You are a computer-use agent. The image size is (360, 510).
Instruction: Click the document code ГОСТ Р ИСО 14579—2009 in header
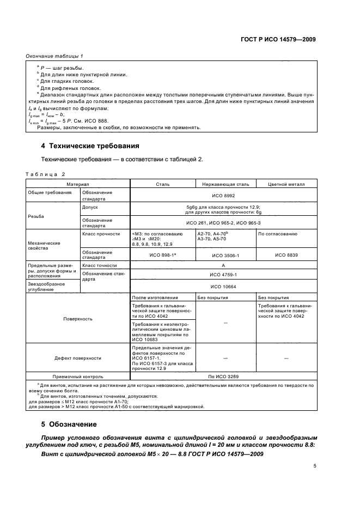(278, 40)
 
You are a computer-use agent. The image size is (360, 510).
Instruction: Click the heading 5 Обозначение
(69, 423)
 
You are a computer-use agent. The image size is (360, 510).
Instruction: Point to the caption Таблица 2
(45, 174)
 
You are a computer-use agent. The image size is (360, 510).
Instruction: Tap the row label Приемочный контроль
(78, 376)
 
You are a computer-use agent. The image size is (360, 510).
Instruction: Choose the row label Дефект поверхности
(78, 358)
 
